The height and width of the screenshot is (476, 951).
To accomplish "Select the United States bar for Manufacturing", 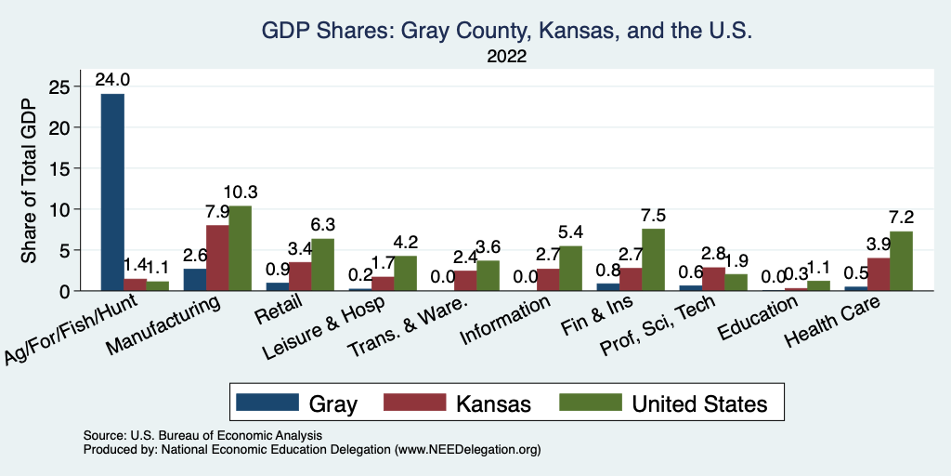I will (240, 248).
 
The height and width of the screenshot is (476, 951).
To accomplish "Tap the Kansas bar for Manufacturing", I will (217, 258).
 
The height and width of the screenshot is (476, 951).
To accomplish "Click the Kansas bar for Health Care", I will (879, 274).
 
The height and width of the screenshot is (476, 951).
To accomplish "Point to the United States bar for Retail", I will (323, 265).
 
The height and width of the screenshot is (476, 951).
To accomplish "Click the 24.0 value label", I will (111, 80).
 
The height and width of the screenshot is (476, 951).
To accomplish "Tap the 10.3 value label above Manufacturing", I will (241, 192).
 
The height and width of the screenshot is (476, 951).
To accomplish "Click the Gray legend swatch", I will (267, 403).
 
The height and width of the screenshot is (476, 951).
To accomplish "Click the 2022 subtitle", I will (507, 57).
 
